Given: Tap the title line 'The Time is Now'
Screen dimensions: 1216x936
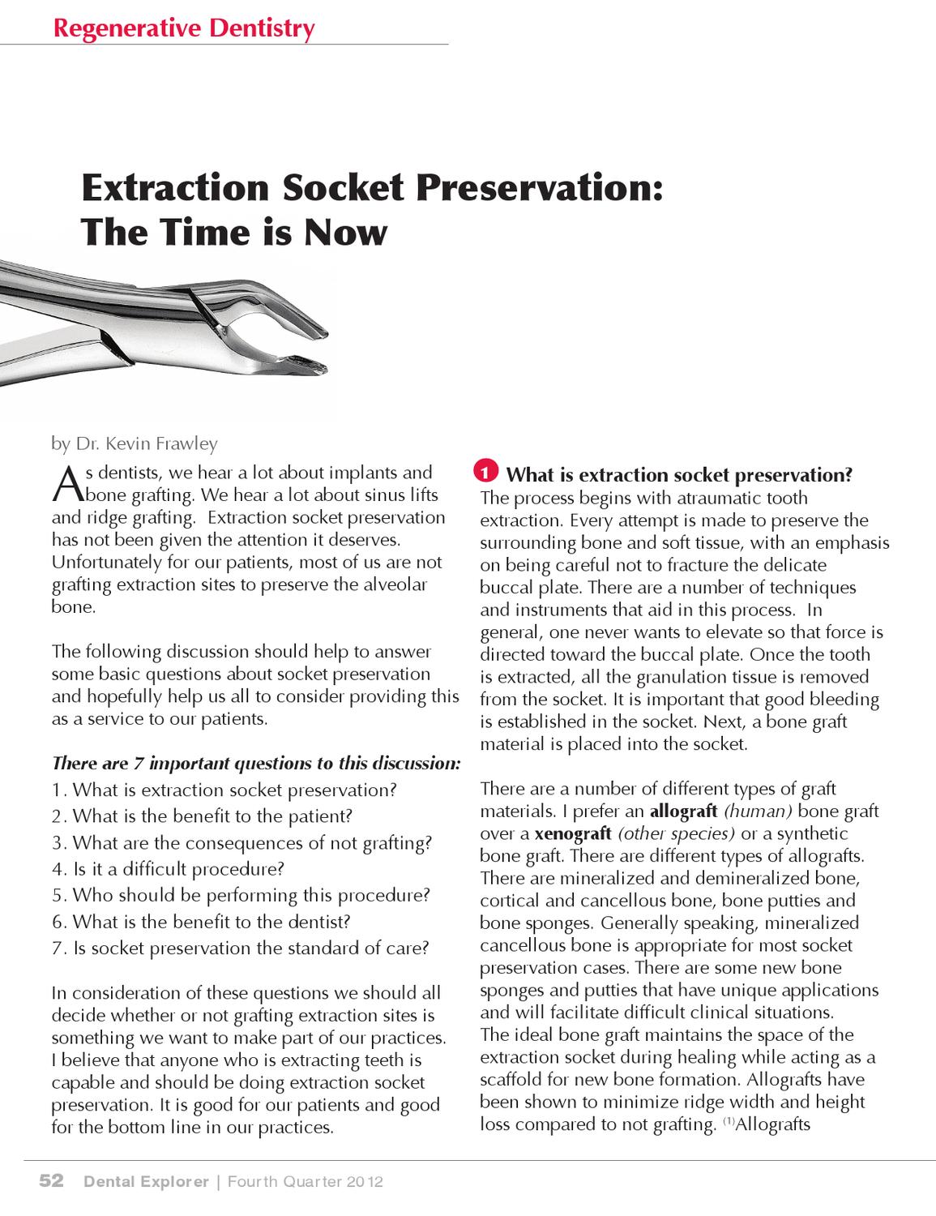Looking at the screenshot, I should point(234,233).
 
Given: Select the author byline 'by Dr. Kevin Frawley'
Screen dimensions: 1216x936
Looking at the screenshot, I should point(135,443).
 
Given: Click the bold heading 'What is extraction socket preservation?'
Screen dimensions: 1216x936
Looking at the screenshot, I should point(679,474).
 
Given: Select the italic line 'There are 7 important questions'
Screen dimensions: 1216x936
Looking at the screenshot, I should point(256,763).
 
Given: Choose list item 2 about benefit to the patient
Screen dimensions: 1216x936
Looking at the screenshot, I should point(203,816).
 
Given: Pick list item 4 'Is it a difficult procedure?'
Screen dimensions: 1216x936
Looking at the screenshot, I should point(169,869).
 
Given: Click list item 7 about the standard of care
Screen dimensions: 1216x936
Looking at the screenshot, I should point(241,948).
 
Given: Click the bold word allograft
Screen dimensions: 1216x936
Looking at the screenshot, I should point(684,811).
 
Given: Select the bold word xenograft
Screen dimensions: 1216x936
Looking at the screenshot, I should point(573,833).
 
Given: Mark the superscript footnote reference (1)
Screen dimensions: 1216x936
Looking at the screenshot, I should point(727,1122).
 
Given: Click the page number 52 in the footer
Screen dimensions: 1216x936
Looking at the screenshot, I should point(53,1182).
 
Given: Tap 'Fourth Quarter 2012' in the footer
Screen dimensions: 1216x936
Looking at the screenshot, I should point(305,1182).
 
